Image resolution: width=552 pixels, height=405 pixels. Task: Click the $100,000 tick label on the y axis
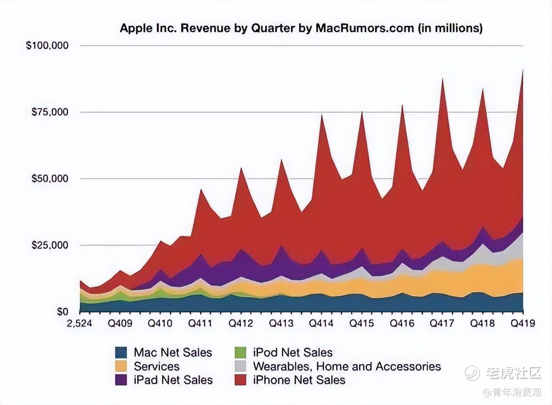pyautogui.click(x=47, y=45)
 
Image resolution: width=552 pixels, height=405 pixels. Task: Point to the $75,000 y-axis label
pyautogui.click(x=50, y=112)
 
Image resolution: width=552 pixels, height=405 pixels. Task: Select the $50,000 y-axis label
pyautogui.click(x=50, y=179)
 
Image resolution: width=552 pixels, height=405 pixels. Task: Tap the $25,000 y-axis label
pyautogui.click(x=50, y=245)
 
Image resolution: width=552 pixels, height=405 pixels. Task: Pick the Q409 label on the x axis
pyautogui.click(x=120, y=323)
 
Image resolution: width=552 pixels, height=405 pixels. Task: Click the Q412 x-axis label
pyautogui.click(x=241, y=323)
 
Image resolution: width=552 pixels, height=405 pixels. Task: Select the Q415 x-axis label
pyautogui.click(x=362, y=323)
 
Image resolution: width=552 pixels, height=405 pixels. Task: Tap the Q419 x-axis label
pyautogui.click(x=523, y=323)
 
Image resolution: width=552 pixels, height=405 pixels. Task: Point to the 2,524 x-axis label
pyautogui.click(x=80, y=323)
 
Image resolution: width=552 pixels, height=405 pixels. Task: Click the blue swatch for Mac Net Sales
pyautogui.click(x=122, y=353)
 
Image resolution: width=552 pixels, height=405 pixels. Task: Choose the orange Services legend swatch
pyautogui.click(x=122, y=366)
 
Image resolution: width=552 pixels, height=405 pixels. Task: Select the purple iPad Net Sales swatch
pyautogui.click(x=122, y=380)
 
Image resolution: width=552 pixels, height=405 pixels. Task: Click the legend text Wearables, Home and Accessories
pyautogui.click(x=347, y=366)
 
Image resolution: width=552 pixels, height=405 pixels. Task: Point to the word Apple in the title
pyautogui.click(x=135, y=28)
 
